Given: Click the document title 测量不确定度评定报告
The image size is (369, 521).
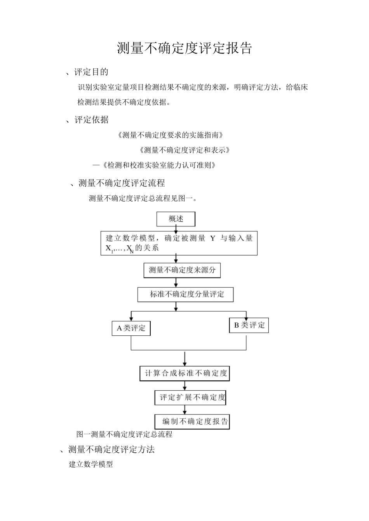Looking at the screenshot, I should click(184, 48).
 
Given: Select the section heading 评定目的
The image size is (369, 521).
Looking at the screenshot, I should click(91, 72).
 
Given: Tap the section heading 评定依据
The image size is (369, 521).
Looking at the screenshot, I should click(91, 120).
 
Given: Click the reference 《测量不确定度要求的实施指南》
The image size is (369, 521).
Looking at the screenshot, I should click(171, 135).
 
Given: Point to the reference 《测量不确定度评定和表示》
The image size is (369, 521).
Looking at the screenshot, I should click(184, 150).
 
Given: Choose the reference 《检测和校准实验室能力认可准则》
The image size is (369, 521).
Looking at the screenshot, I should click(159, 165).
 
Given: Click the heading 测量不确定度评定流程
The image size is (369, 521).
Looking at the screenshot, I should click(122, 183).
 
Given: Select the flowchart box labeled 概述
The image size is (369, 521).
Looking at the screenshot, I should click(176, 219).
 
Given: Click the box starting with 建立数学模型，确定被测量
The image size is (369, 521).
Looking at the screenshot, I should click(179, 243).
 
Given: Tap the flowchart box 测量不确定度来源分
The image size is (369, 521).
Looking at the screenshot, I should click(182, 270).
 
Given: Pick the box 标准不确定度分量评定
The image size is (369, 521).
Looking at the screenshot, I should click(186, 294).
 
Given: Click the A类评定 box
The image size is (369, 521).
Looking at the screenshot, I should click(131, 328).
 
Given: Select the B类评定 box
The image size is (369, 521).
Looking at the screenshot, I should click(249, 325).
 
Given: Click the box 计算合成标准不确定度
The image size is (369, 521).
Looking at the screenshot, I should click(184, 373).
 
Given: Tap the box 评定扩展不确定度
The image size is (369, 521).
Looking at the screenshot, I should click(190, 397).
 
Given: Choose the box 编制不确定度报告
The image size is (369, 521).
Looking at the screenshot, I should click(192, 421).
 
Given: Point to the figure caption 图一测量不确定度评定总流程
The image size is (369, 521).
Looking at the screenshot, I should click(124, 434).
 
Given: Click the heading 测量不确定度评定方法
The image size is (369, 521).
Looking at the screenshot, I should click(111, 449).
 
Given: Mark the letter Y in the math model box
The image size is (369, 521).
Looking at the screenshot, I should click(212, 238).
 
